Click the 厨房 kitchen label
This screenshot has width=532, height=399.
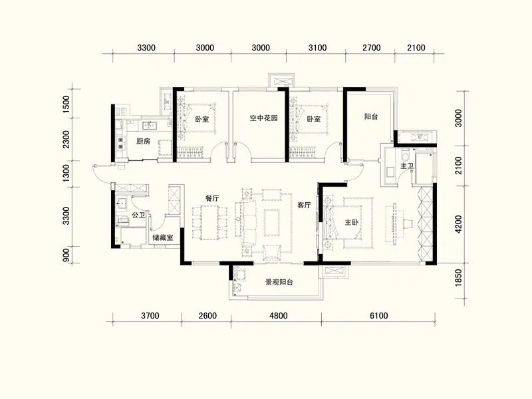[x=143, y=141]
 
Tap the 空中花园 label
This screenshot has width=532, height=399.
[x=263, y=118]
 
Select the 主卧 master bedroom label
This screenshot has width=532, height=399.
[x=352, y=223]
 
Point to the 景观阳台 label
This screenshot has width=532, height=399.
[x=279, y=282]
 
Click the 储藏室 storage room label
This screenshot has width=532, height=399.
[x=162, y=237]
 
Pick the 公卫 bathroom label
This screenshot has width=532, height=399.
[x=138, y=215]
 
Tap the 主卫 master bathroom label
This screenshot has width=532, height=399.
[x=407, y=166]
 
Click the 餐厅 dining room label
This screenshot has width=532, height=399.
[x=212, y=198]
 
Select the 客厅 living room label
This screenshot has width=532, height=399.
[x=304, y=205]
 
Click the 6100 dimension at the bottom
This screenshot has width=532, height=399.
[x=378, y=316]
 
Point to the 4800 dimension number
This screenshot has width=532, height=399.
[x=278, y=316]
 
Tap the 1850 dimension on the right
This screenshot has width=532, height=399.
[x=458, y=277]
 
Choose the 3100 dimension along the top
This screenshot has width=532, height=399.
[x=317, y=48]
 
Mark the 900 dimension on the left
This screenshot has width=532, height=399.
[x=66, y=255]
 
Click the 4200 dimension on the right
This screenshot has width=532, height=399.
[x=458, y=224]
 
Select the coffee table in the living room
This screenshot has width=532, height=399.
[x=272, y=222]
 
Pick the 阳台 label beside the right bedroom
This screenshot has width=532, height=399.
[x=371, y=117]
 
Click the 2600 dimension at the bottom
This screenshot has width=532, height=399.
[x=207, y=316]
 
